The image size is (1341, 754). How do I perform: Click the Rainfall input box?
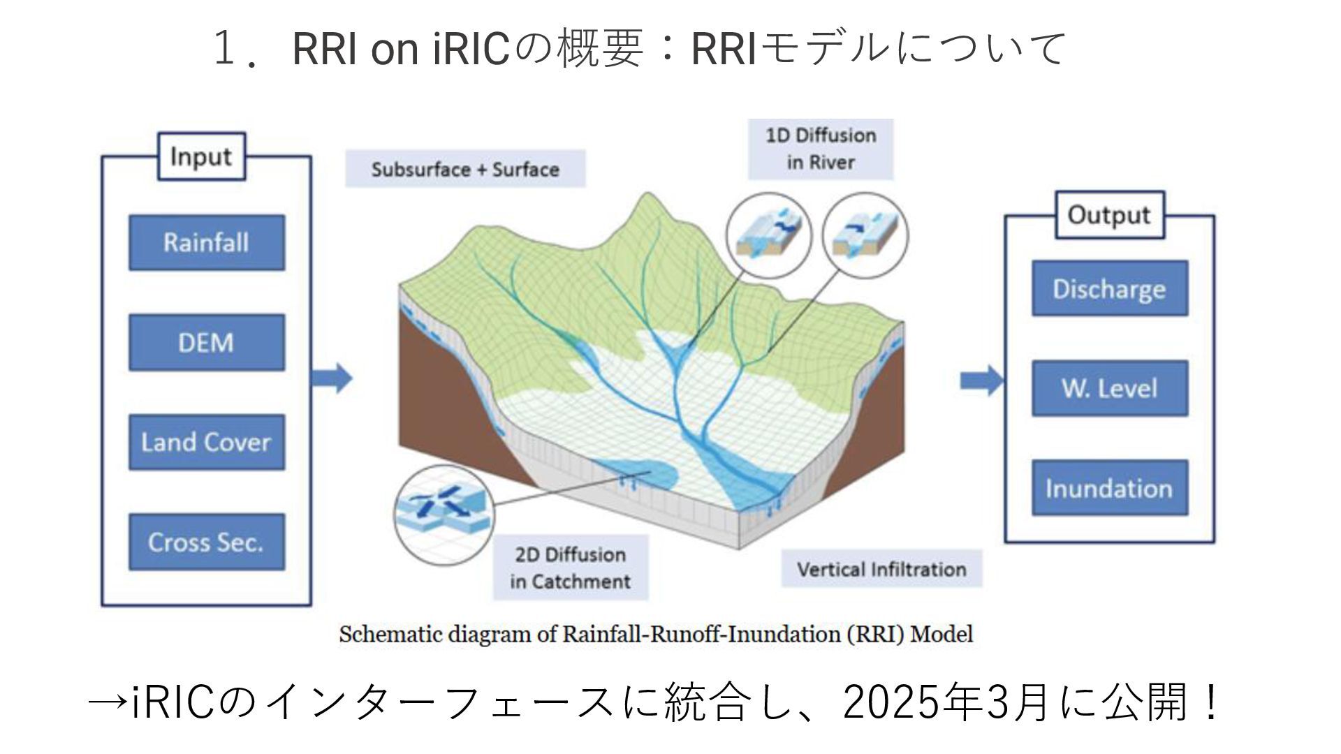click(x=206, y=242)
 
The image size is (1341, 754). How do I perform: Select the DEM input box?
click(x=206, y=342)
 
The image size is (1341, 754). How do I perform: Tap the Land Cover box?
click(x=206, y=442)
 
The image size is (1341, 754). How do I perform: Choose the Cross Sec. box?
click(x=206, y=542)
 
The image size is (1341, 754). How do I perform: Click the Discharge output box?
click(x=1109, y=288)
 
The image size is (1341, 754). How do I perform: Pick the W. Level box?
click(x=1109, y=388)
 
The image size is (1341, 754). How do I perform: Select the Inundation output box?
click(x=1109, y=488)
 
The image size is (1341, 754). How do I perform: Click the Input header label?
click(x=201, y=156)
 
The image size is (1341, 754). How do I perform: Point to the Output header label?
click(x=1108, y=214)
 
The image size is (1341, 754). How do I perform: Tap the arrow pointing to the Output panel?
click(x=981, y=381)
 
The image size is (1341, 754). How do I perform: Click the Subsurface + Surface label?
click(x=465, y=170)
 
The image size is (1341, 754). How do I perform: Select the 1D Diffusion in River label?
click(x=821, y=149)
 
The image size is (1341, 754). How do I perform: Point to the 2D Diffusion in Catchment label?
click(x=571, y=568)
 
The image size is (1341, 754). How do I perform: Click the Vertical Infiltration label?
click(x=881, y=569)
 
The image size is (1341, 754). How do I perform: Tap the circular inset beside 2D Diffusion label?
click(x=444, y=515)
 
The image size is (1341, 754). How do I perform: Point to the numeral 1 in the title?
click(x=223, y=49)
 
